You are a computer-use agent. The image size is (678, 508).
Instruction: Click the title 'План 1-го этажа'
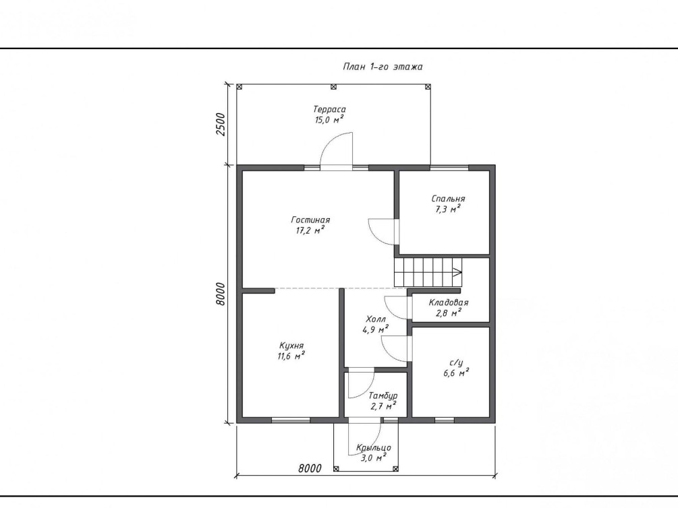point(383,67)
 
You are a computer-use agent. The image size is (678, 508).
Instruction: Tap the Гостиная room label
point(310,225)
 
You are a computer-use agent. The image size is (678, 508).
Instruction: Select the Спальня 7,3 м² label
point(448,204)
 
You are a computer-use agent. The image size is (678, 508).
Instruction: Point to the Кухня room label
point(291,351)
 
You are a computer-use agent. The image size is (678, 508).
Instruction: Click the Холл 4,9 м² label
point(375,325)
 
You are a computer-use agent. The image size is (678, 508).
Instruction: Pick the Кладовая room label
point(449,308)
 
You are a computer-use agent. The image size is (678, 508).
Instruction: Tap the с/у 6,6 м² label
point(456,368)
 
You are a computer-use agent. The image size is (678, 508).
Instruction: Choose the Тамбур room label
point(383,401)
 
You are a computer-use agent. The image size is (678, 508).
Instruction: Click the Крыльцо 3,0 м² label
point(374,453)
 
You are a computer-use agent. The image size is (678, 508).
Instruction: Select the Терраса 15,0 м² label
point(329,115)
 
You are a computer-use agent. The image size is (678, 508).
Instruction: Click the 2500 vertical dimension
point(221,125)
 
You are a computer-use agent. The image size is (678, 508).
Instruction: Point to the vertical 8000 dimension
point(221,294)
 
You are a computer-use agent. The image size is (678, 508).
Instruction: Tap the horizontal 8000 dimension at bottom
point(310,468)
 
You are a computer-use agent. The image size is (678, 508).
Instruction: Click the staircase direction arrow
point(457,272)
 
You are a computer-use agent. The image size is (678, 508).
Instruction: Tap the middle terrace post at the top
point(333,87)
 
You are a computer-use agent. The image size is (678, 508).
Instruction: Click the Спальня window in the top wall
point(449,168)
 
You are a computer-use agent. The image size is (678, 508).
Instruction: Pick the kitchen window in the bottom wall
point(291,420)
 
